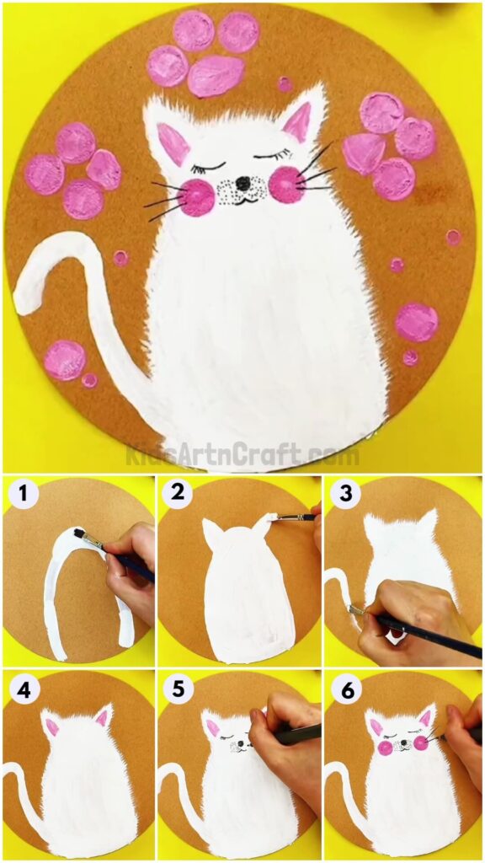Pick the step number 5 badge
coord(179,690)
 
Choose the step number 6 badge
coord(343,690)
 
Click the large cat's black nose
coord(242,183)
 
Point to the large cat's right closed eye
coord(271,155)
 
